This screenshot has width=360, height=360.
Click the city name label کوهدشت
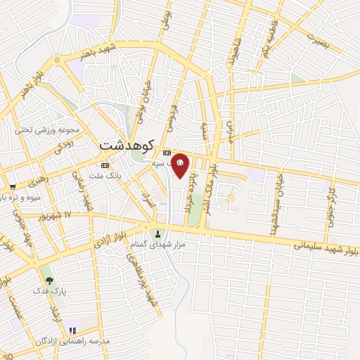coord(118,145)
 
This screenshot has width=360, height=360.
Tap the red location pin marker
coord(180,166)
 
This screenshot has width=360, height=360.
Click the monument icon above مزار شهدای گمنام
coord(157,234)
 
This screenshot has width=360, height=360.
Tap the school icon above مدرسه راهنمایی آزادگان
coord(72,330)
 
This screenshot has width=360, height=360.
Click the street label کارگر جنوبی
coord(330,211)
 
